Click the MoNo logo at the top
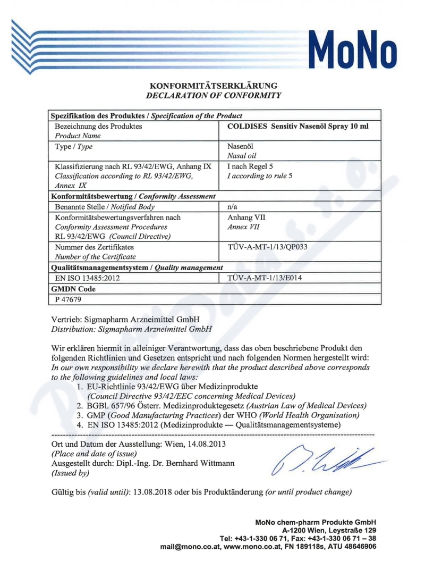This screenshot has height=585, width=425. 354,47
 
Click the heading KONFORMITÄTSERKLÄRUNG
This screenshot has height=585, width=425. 214,86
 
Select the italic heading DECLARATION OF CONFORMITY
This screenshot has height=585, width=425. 214,95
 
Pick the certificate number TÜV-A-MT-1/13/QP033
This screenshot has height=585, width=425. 267,247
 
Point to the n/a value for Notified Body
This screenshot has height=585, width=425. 232,206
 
